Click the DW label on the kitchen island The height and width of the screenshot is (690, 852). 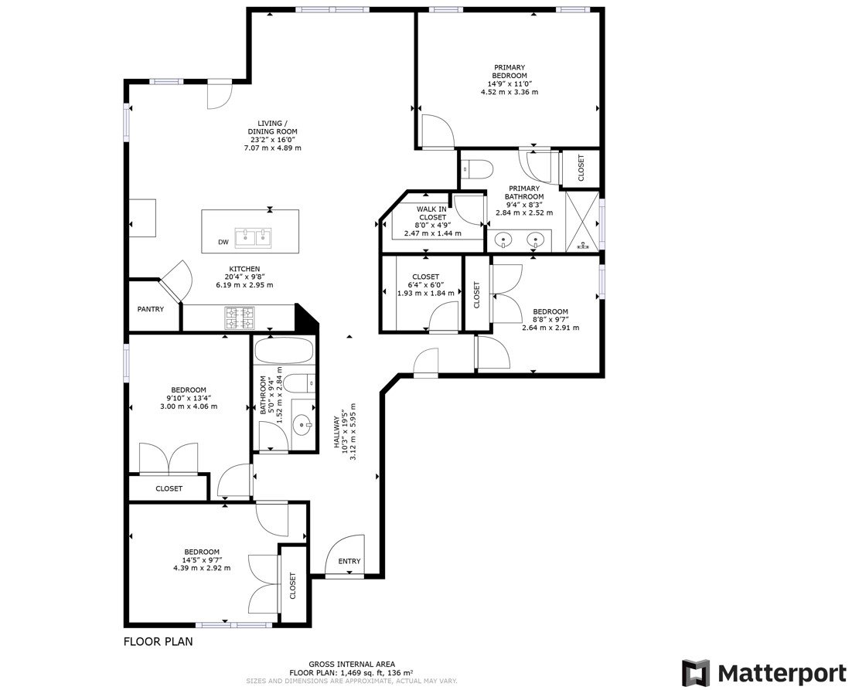click(223, 243)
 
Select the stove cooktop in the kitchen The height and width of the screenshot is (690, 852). click(239, 316)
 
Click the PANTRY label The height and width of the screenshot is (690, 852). click(151, 309)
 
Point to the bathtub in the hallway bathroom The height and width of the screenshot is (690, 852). click(284, 354)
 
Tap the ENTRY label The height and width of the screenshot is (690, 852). click(349, 562)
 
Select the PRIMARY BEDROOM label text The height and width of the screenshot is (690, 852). click(509, 72)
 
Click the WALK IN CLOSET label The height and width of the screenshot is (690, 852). click(431, 213)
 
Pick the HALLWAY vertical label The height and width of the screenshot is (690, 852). click(336, 433)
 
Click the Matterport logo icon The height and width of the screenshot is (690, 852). click(696, 672)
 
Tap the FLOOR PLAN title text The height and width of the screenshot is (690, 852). click(158, 641)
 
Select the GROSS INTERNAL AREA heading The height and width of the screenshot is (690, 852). click(352, 664)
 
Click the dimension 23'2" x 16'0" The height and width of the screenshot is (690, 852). click(267, 140)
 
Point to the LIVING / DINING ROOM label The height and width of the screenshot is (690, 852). click(267, 127)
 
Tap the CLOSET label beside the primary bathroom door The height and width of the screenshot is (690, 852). click(581, 168)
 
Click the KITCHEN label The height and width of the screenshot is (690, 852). click(244, 269)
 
